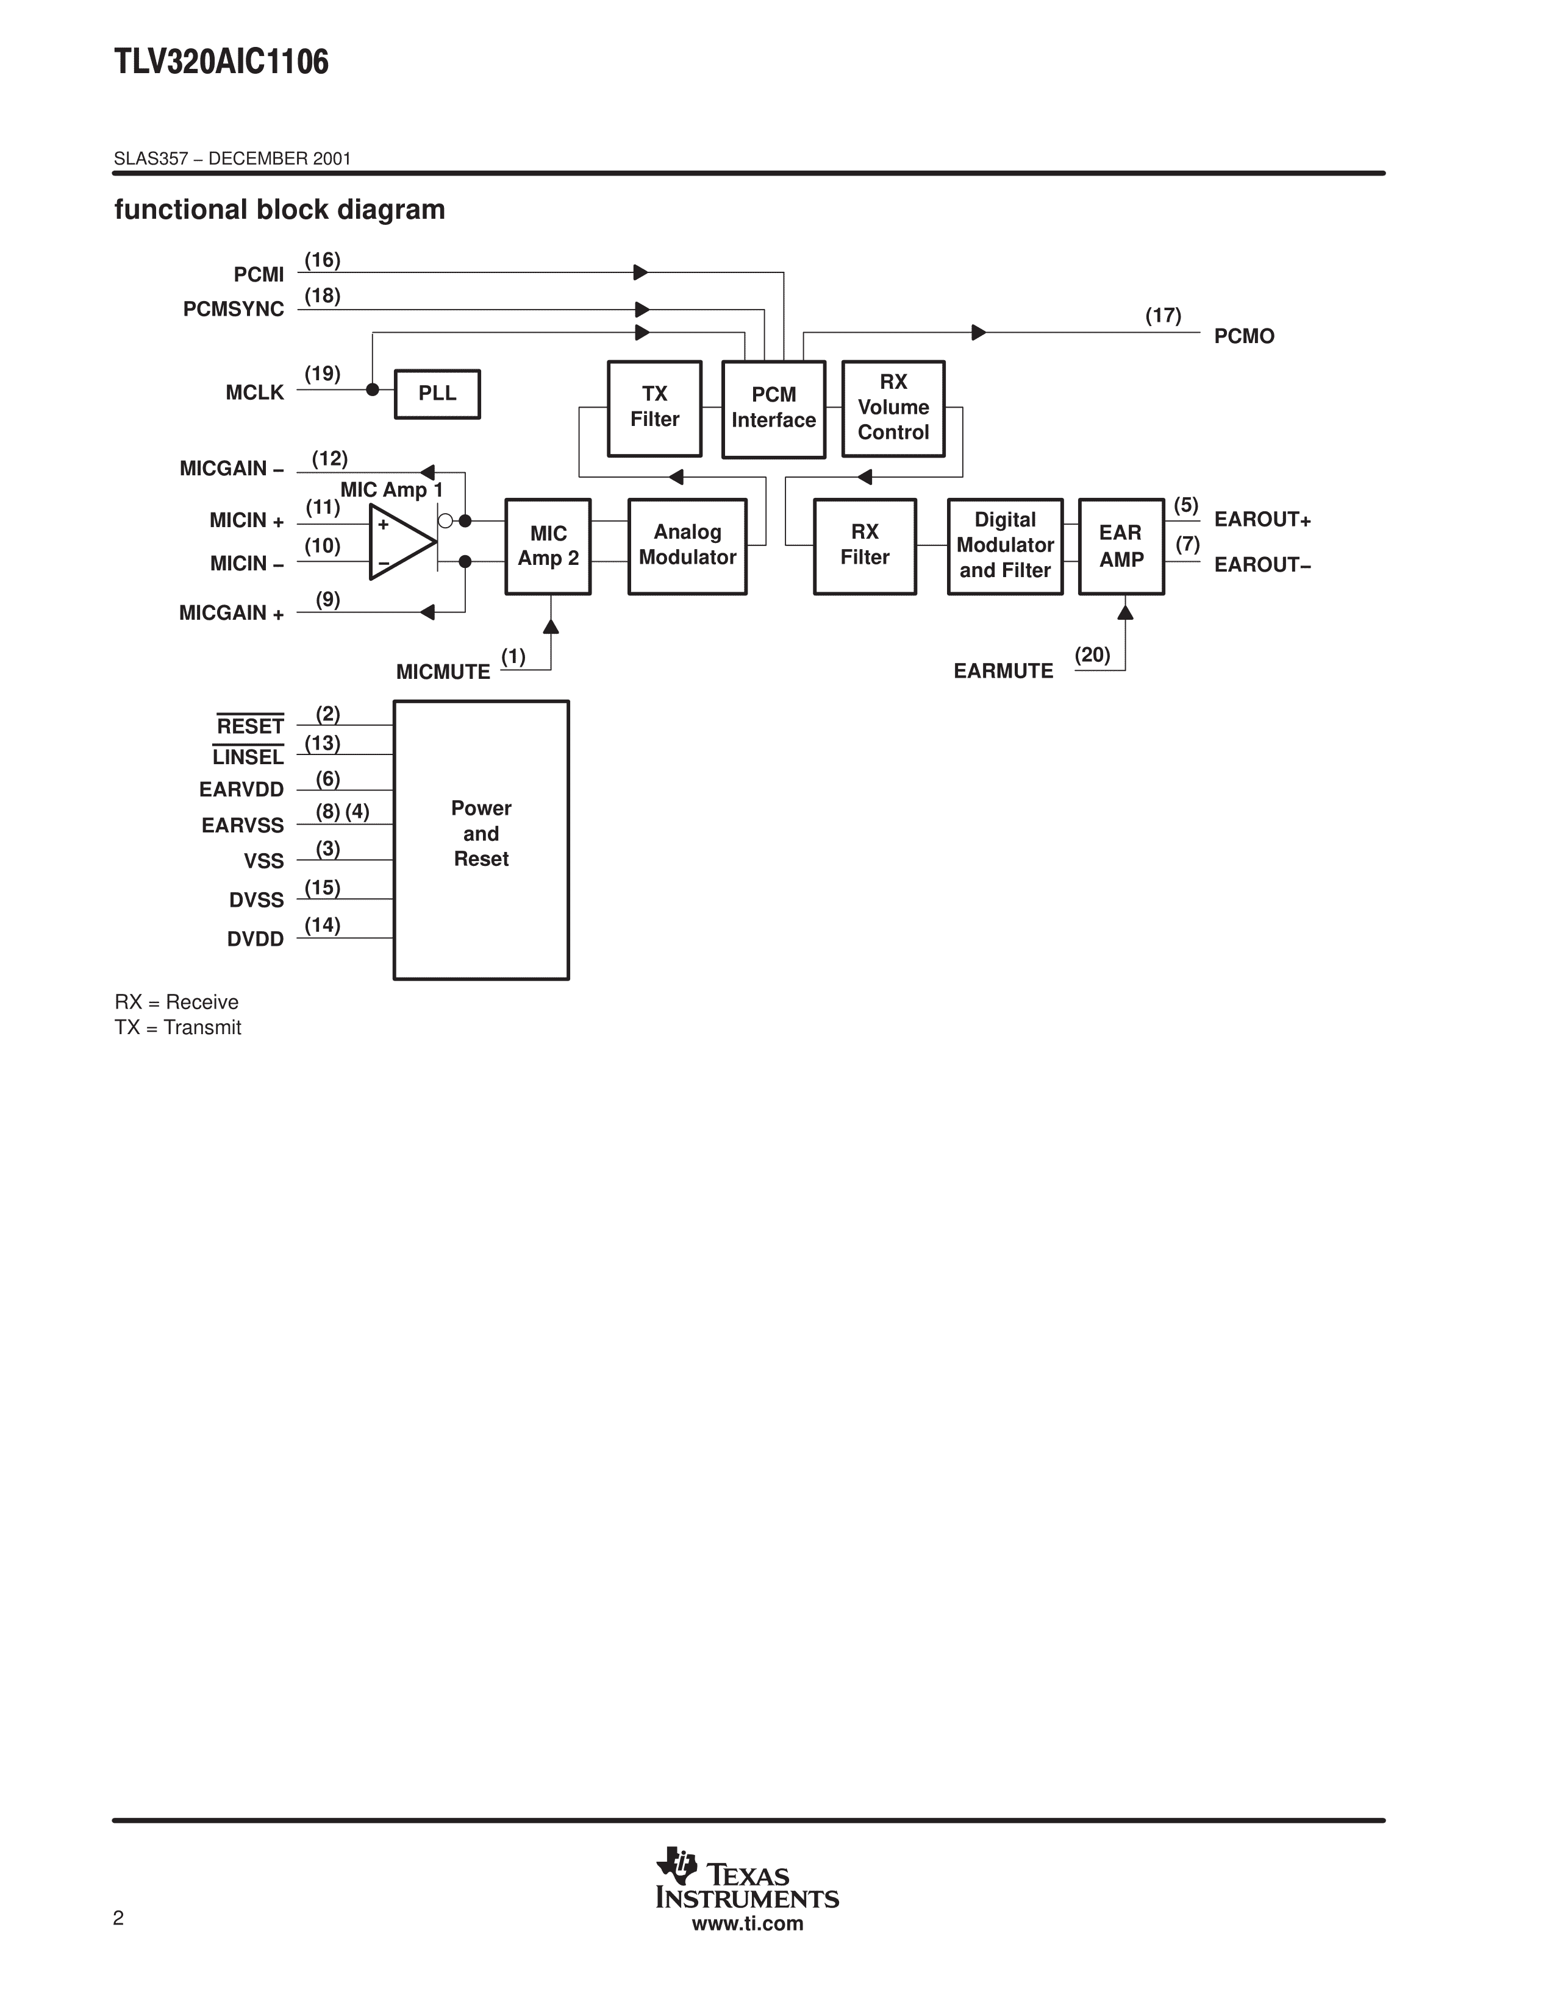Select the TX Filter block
654,408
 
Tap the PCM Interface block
773,409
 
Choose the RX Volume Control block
893,408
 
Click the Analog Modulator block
687,546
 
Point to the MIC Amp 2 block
548,546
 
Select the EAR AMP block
1121,546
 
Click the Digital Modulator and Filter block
1005,546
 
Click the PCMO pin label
1243,336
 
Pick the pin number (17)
1162,316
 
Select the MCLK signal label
254,393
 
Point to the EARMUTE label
1003,672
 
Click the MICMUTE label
443,672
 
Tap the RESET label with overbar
251,726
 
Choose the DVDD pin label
255,939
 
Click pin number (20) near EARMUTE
1093,654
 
